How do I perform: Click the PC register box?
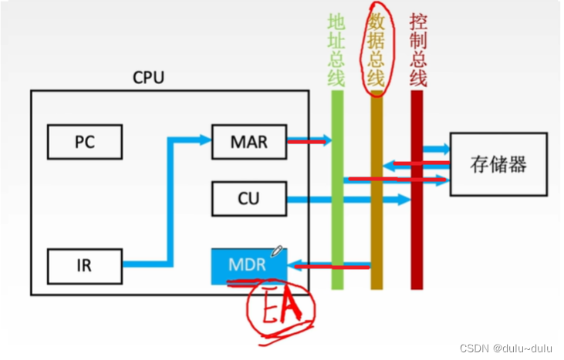tap(85, 142)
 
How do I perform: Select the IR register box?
tap(85, 266)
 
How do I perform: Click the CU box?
tap(248, 200)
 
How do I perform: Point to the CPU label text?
tap(148, 77)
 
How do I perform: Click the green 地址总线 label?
tap(336, 51)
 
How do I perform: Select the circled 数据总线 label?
tap(376, 51)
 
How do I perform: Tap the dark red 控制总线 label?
tap(417, 51)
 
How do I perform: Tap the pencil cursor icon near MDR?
tap(277, 251)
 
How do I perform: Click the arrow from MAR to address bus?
tap(309, 141)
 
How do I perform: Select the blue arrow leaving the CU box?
tap(347, 200)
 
